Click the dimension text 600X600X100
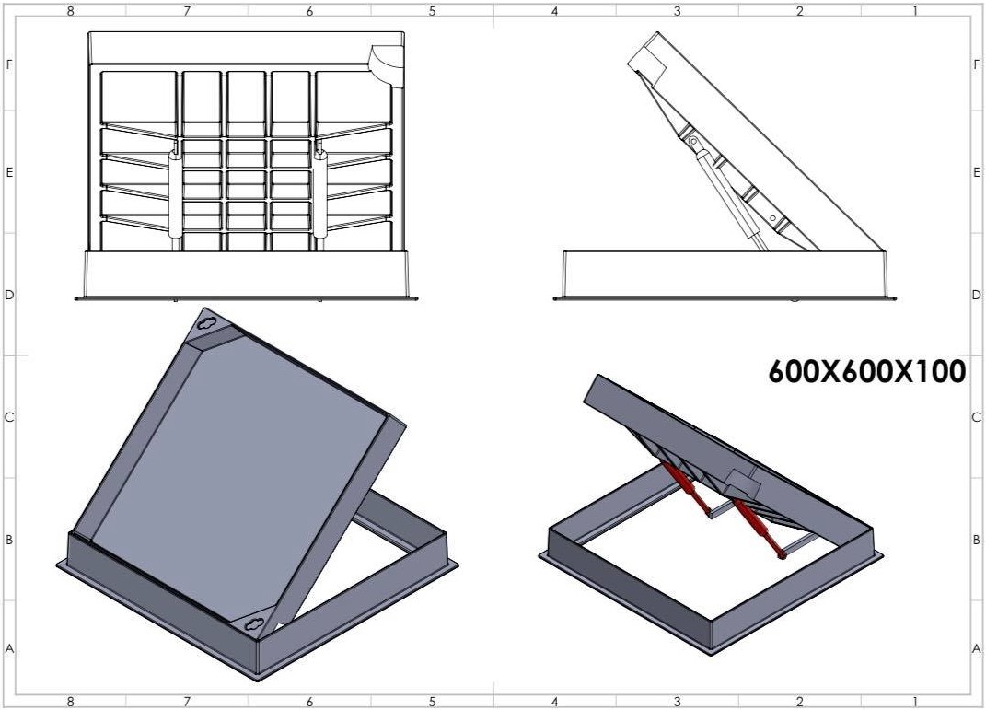tap(867, 371)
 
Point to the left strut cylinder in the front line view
tap(175, 195)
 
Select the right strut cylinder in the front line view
tap(320, 195)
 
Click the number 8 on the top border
tap(70, 11)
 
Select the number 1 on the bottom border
tap(915, 702)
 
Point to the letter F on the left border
tap(9, 65)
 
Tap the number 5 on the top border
tap(432, 11)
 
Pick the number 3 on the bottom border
tap(677, 702)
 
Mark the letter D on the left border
tap(9, 295)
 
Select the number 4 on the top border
tap(554, 11)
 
